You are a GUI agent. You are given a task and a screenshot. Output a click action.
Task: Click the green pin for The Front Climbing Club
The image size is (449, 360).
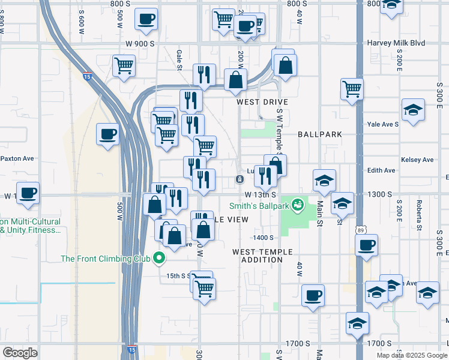coord(159,259)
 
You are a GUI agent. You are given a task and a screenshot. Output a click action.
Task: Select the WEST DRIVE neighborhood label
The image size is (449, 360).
coord(262,102)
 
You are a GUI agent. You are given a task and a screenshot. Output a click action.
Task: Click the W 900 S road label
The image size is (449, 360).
coord(140,44)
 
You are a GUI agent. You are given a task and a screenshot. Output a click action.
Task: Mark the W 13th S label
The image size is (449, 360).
coord(260,195)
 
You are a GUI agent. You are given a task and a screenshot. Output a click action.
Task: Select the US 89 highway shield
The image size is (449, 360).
coord(358,229)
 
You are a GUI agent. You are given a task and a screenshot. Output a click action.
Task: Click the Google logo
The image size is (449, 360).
coord(20,352)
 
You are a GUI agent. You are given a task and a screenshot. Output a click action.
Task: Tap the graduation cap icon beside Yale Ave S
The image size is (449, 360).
coord(412,110)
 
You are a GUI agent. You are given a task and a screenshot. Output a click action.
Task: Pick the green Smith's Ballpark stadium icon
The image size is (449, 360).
coord(297,206)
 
